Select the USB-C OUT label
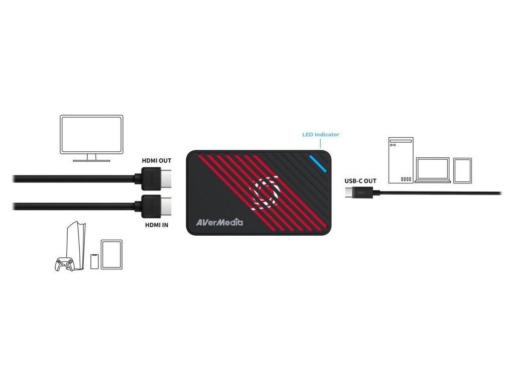coord(360,181)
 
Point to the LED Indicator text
coord(320,135)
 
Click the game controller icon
coord(64,264)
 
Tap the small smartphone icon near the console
coord(94,261)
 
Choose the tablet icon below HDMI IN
coord(112,254)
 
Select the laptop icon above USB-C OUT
coord(433,171)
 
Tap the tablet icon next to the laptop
coord(462,171)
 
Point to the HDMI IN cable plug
coord(153,205)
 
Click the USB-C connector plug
coord(360,192)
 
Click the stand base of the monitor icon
coord(91,161)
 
